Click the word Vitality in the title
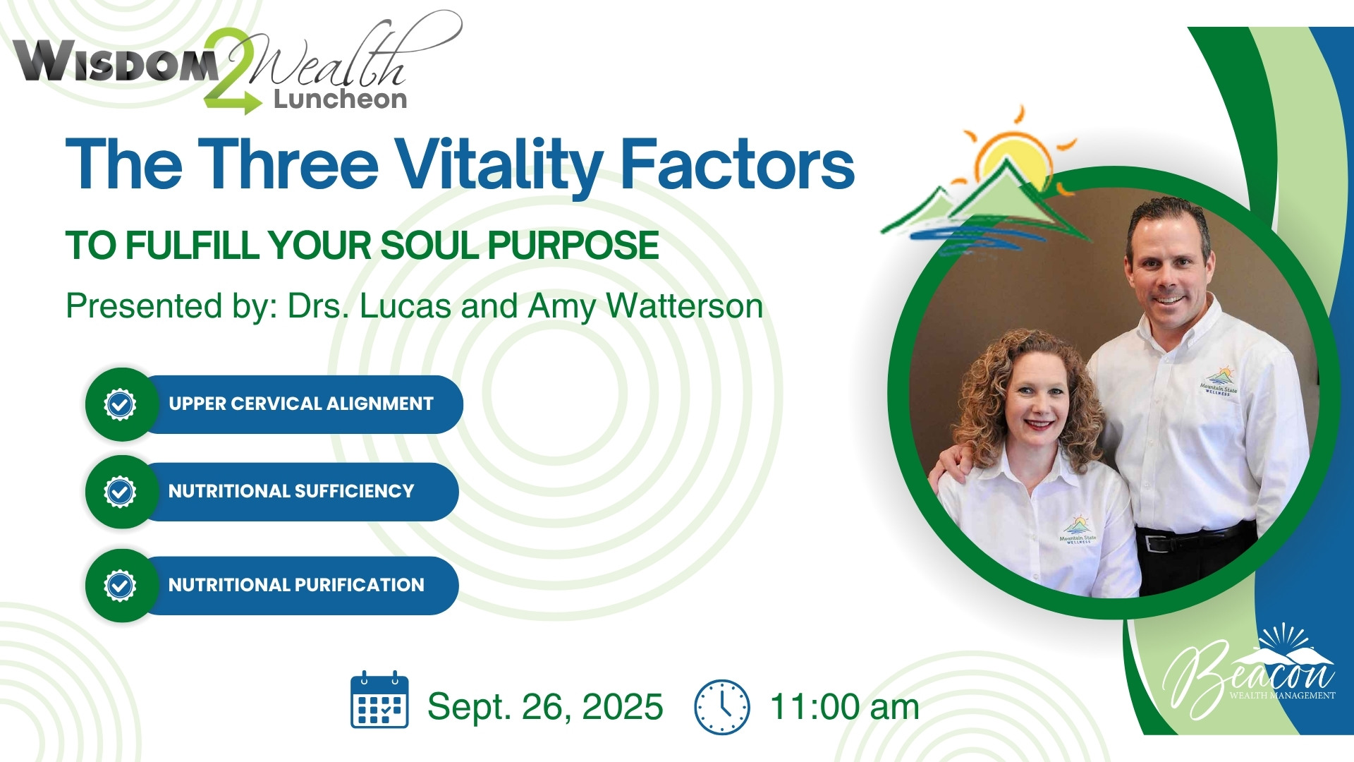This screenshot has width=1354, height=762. click(x=499, y=166)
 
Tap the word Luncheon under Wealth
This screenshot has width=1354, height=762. click(x=341, y=99)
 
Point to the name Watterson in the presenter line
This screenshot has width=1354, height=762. click(x=684, y=306)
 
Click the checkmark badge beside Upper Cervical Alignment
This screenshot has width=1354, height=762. click(x=120, y=404)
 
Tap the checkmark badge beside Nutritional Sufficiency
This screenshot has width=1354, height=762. click(x=120, y=492)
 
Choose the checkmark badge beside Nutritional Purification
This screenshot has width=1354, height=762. click(x=120, y=586)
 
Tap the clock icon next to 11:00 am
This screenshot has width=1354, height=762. click(x=722, y=707)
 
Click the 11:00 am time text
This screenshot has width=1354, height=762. click(x=844, y=707)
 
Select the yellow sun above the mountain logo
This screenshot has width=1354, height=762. click(x=1015, y=155)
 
